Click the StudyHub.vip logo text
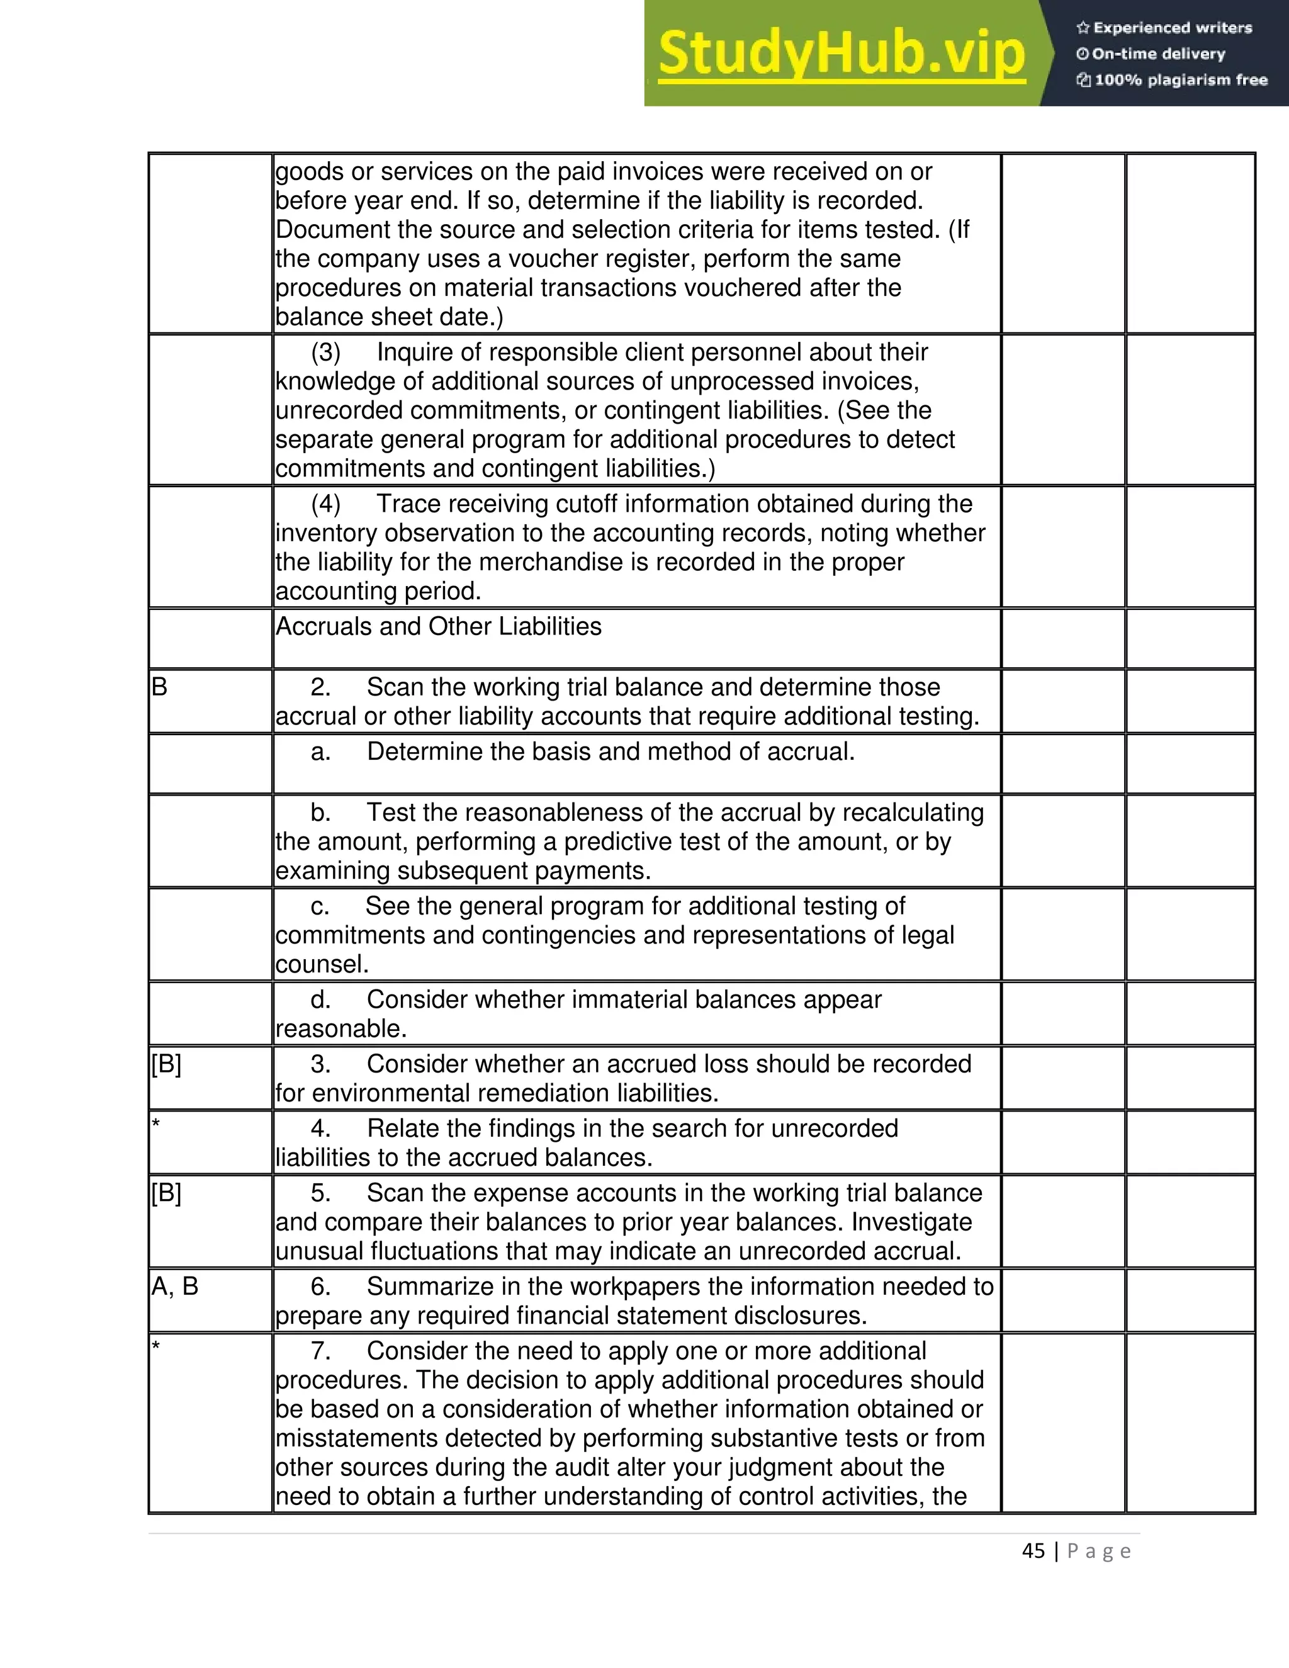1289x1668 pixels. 841,54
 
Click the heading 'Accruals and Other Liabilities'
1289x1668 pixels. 438,626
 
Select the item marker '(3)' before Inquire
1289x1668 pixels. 325,352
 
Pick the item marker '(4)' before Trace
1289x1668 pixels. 325,504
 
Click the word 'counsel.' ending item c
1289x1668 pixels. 322,964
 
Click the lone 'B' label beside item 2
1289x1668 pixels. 159,687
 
